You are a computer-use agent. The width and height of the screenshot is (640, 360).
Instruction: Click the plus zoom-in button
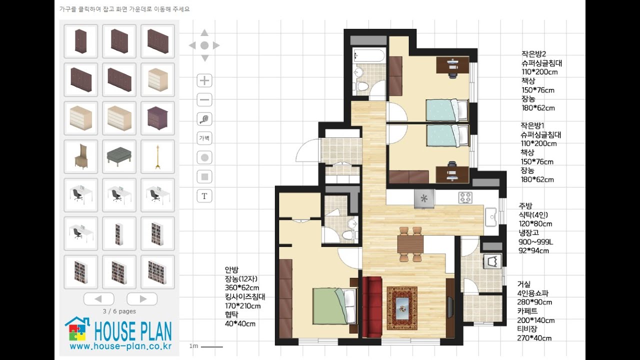pyautogui.click(x=204, y=80)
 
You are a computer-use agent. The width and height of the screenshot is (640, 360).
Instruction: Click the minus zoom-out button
pyautogui.click(x=204, y=99)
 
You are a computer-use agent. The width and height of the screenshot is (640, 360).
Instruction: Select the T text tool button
pyautogui.click(x=204, y=196)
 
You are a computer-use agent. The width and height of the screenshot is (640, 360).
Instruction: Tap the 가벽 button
pyautogui.click(x=204, y=138)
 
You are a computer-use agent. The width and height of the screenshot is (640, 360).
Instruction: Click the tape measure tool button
pyautogui.click(x=204, y=119)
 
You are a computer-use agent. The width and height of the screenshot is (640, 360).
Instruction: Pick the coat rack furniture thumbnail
pyautogui.click(x=157, y=157)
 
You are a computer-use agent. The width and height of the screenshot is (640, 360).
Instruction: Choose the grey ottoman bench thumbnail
pyautogui.click(x=119, y=157)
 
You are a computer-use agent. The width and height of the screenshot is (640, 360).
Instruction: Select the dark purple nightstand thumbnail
pyautogui.click(x=157, y=118)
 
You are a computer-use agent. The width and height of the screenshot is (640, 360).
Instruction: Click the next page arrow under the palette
pyautogui.click(x=142, y=299)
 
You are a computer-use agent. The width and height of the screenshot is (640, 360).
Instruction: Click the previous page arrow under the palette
pyautogui.click(x=99, y=299)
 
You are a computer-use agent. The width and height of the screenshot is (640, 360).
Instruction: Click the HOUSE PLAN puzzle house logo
pyautogui.click(x=77, y=329)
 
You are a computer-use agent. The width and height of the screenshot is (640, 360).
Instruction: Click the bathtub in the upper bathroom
pyautogui.click(x=369, y=55)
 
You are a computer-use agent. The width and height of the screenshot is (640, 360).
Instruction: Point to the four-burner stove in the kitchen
pyautogui.click(x=465, y=197)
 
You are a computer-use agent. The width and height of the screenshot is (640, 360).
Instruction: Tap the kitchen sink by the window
pyautogui.click(x=491, y=217)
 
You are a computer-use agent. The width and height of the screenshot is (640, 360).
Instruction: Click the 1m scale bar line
pyautogui.click(x=211, y=347)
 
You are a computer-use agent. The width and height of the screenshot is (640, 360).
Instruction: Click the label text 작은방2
pyautogui.click(x=533, y=53)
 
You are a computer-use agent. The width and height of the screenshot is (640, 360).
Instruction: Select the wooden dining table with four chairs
pyautogui.click(x=410, y=244)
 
